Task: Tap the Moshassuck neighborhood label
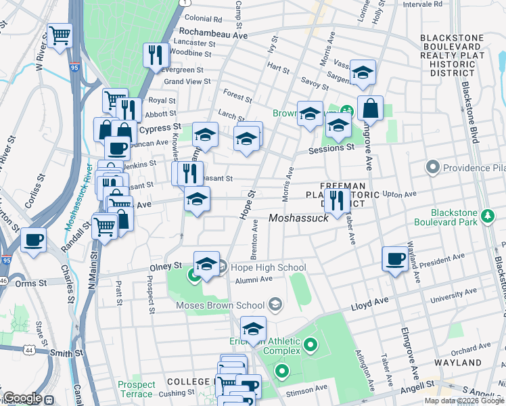[x=298, y=218]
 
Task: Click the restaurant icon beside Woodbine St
[x=156, y=54]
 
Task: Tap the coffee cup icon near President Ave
[x=395, y=258]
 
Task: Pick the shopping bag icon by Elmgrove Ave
[x=370, y=107]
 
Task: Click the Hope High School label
[x=269, y=267]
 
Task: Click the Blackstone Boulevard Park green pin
[x=487, y=217]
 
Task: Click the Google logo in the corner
[x=22, y=398]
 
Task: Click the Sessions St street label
[x=331, y=148]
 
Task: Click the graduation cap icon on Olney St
[x=206, y=263]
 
